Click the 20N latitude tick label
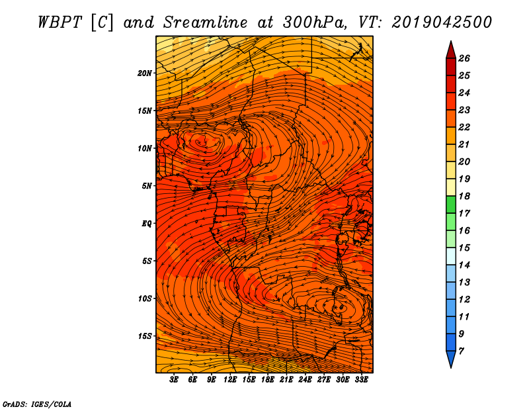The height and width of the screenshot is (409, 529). click(145, 73)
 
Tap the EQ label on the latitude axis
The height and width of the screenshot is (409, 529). click(147, 224)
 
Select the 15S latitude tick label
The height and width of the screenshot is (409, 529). click(145, 336)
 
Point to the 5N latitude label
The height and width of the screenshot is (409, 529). click(147, 186)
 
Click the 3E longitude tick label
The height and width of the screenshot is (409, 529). click(174, 380)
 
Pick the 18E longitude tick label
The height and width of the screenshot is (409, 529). click(268, 380)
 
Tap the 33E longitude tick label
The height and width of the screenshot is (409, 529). click(361, 380)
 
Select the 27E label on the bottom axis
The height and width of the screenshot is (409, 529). click(324, 380)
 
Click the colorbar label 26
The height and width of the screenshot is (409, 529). click(464, 58)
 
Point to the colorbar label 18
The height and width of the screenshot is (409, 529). click(464, 196)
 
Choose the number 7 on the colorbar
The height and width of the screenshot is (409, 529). click(461, 351)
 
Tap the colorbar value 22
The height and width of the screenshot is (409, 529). click(464, 127)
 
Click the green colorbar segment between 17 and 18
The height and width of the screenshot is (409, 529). click(451, 204)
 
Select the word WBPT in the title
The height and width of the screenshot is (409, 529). click(60, 23)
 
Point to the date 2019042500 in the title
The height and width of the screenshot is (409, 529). click(442, 23)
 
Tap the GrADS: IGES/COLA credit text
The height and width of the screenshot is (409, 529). click(37, 404)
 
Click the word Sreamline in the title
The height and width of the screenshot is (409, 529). click(206, 23)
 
